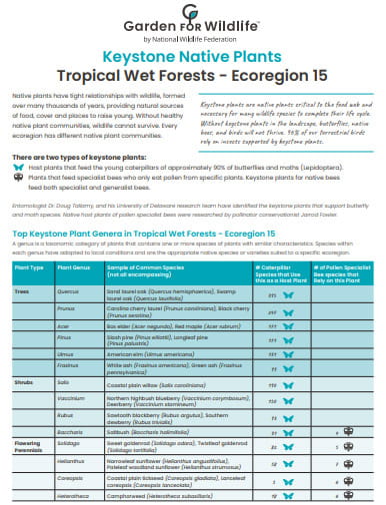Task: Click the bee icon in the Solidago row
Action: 348,445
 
